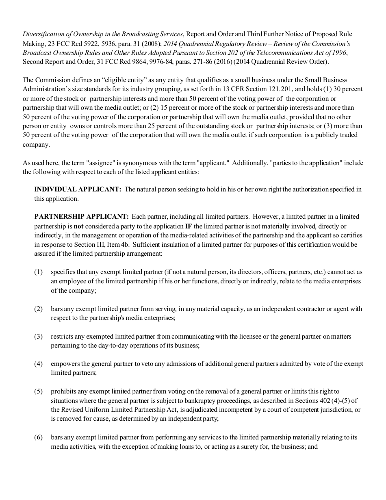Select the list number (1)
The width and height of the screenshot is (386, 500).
(x=38, y=272)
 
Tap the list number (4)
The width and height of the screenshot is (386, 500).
(x=38, y=364)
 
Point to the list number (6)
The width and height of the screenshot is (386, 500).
(x=38, y=438)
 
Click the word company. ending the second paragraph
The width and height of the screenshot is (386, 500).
(x=36, y=145)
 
